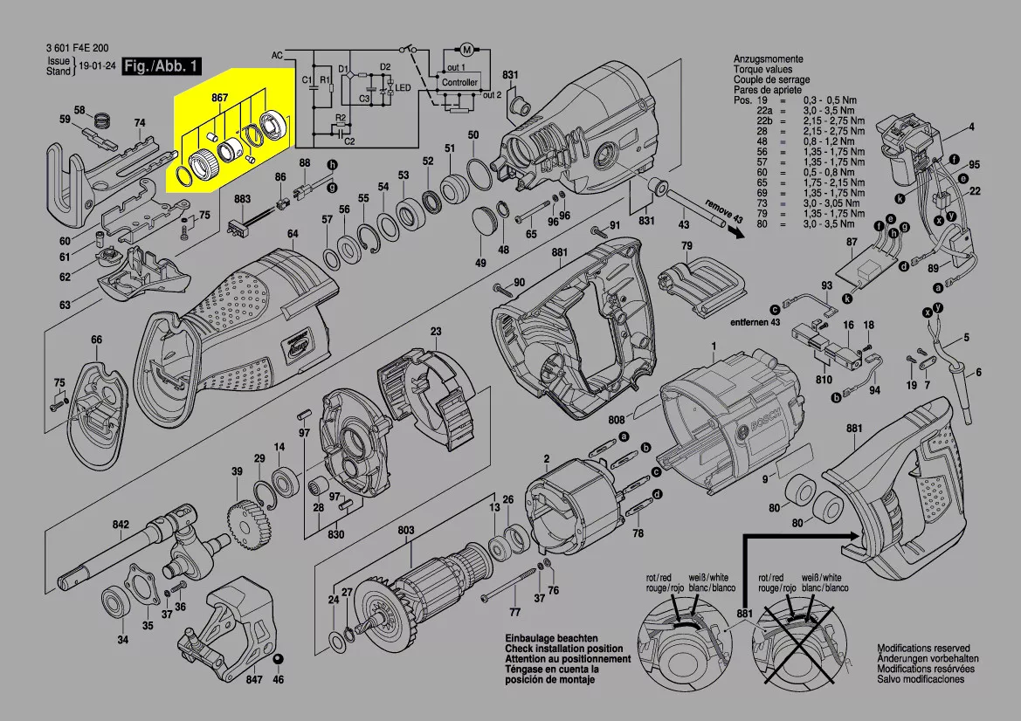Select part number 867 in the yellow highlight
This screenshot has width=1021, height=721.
pos(220,99)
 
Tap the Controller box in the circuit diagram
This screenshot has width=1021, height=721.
pos(459,82)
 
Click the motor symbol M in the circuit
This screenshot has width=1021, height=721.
pos(466,47)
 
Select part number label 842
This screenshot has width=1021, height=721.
pos(121,525)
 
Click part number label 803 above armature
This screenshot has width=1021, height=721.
pos(406,530)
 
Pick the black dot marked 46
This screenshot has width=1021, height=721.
pos(279,658)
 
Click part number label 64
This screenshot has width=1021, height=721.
pos(293,234)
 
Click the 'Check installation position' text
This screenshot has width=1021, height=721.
pos(563,649)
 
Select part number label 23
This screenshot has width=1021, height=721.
pos(435,331)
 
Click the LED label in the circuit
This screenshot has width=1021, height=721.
pos(403,89)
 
